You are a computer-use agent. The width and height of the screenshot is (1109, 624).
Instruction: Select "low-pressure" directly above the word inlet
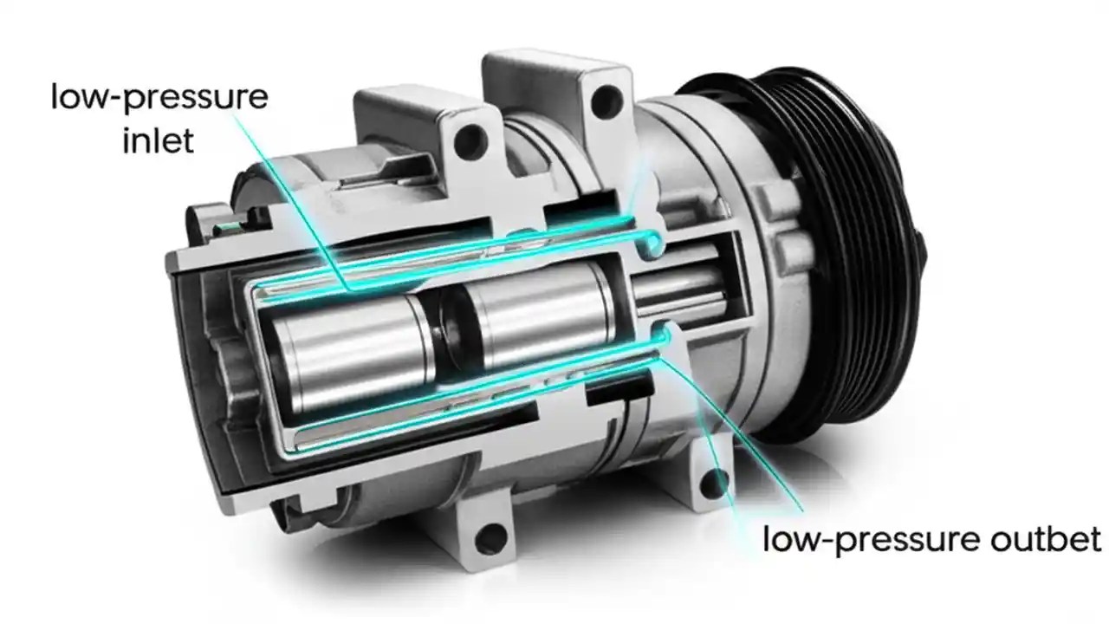tap(159, 97)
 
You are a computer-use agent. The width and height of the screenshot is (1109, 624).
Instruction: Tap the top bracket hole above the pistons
tap(470, 136)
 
